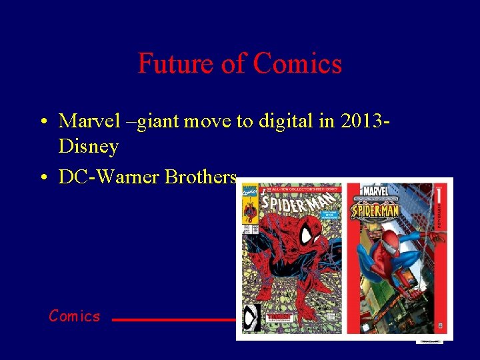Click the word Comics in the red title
(x=297, y=63)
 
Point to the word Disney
(x=89, y=145)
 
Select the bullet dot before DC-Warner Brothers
(x=43, y=178)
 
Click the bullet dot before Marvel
(x=43, y=122)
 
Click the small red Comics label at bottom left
(x=74, y=316)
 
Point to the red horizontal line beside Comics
(x=173, y=320)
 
